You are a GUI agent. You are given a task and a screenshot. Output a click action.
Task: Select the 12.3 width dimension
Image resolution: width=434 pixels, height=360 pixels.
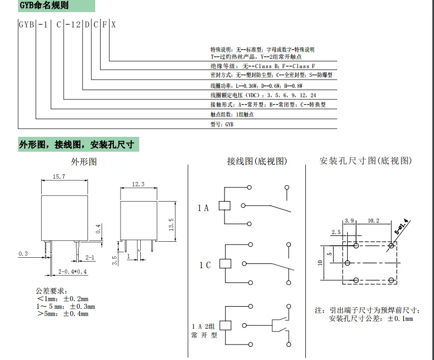138,185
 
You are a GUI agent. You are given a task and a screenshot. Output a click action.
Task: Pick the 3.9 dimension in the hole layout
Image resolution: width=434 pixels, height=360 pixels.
349,221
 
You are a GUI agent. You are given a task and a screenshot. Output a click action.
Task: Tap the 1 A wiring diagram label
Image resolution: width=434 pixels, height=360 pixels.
204,208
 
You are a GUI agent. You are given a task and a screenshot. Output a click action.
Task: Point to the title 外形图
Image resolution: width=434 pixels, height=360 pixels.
84,162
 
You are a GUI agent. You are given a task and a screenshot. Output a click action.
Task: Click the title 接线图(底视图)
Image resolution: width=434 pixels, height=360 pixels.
257,162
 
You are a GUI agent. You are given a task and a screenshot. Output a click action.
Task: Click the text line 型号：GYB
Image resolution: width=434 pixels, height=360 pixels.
222,125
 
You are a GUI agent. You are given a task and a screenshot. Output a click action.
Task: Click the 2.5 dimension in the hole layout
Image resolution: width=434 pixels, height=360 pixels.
336,232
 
